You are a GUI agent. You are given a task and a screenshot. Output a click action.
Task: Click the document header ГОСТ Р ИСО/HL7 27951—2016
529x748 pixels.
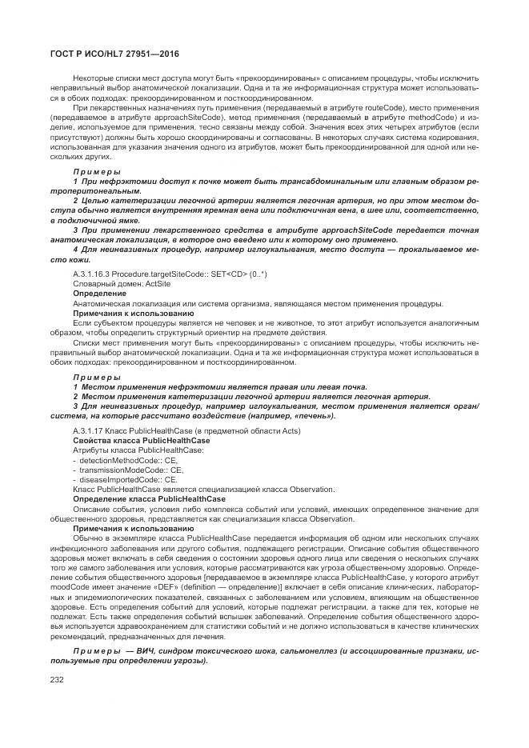click(x=114, y=54)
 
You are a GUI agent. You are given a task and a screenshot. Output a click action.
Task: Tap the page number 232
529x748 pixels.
click(x=58, y=678)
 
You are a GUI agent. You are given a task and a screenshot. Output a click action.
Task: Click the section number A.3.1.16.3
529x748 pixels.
click(x=91, y=274)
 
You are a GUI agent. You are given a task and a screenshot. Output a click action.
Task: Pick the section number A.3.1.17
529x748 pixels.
click(x=86, y=431)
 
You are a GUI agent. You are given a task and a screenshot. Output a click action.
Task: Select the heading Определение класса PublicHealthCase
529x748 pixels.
click(x=148, y=498)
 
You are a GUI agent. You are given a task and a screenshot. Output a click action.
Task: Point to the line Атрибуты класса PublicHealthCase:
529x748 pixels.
click(x=138, y=450)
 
